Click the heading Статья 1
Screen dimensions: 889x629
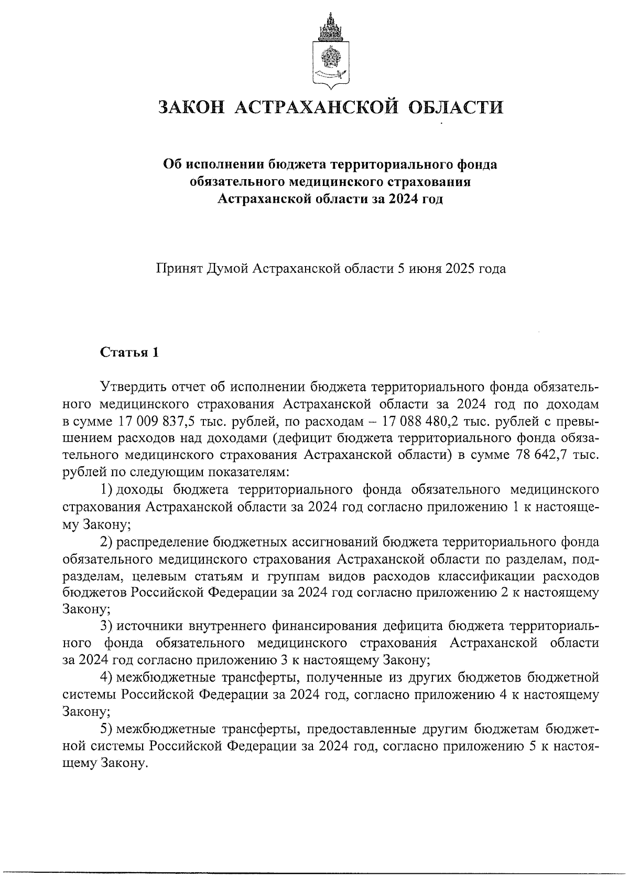[x=129, y=352]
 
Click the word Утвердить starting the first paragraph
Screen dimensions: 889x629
[x=133, y=388]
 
